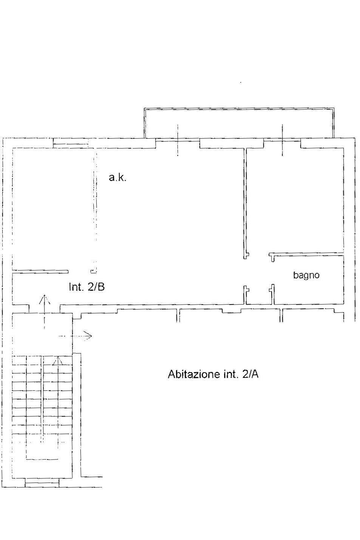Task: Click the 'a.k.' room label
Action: pos(117,178)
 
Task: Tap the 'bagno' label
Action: pos(306,275)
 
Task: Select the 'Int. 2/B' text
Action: pos(87,287)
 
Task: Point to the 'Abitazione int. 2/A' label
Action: pos(213,374)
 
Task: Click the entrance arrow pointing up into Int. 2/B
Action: pos(44,311)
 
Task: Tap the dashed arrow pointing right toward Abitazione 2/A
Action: pos(76,336)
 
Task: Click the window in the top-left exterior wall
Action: pos(71,143)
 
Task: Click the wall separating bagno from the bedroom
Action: pos(306,254)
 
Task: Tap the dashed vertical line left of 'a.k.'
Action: pos(95,212)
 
